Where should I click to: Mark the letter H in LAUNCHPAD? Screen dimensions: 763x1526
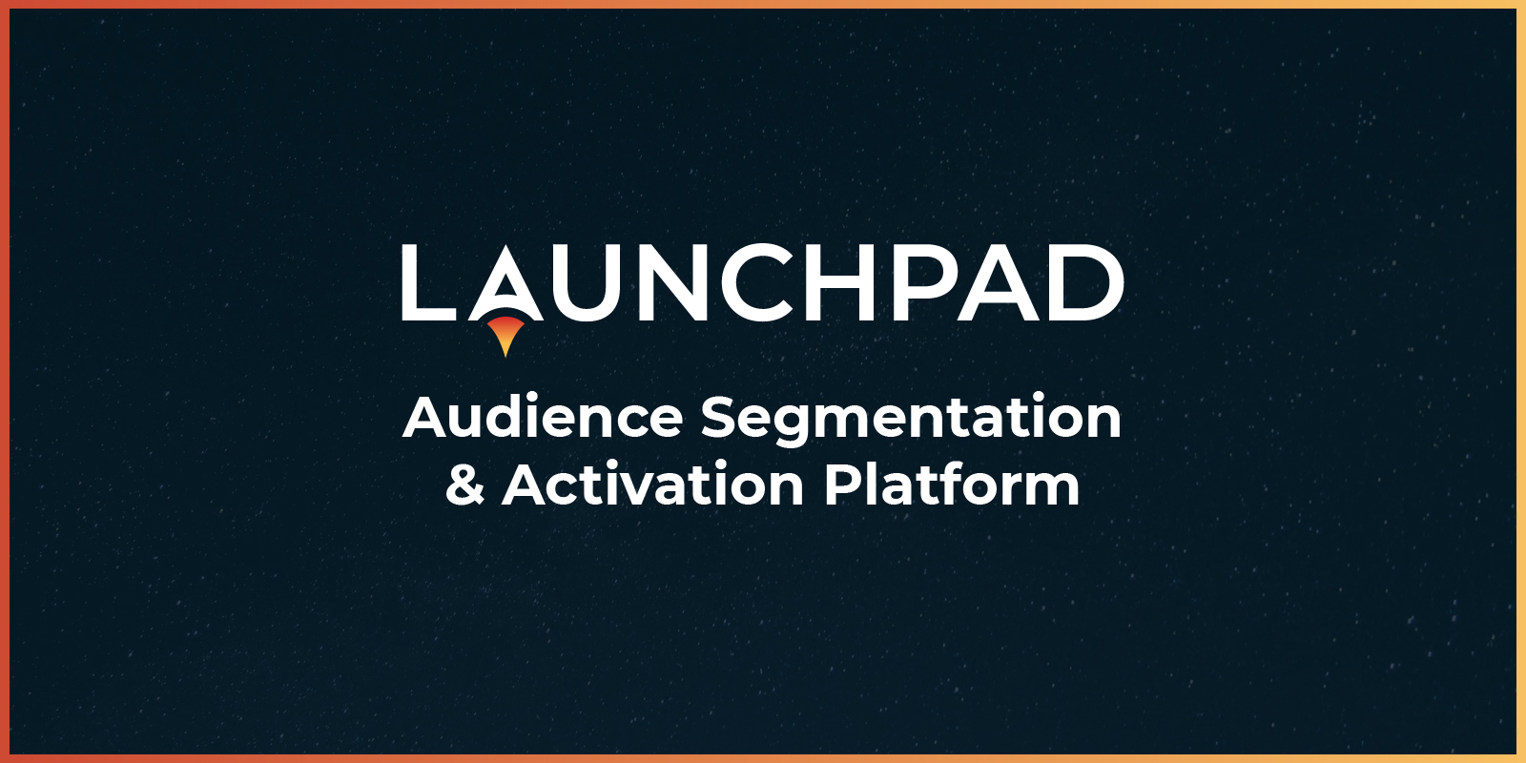(x=844, y=283)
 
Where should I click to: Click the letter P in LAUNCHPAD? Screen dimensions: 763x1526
(x=920, y=283)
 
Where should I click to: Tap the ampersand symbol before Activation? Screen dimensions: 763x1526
(x=464, y=485)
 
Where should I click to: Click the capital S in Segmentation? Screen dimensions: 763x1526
(x=720, y=418)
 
